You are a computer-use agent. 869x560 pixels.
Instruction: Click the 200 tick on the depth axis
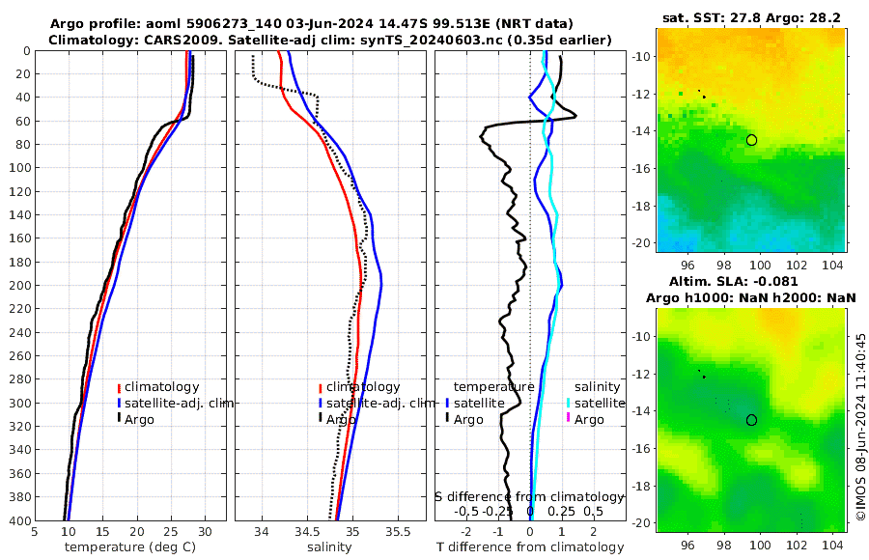click(x=19, y=285)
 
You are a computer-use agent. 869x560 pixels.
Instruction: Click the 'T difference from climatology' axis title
click(x=529, y=547)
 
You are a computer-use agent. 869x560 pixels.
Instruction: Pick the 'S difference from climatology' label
click(x=529, y=495)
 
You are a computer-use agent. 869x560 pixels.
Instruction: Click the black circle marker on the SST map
click(x=751, y=140)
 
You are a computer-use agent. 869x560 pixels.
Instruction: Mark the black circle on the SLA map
click(x=751, y=420)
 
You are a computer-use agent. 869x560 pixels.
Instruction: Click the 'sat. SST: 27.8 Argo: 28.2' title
click(x=752, y=18)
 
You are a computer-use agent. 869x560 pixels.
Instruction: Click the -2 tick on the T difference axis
click(x=467, y=530)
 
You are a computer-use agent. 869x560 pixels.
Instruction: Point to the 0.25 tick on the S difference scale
click(x=561, y=511)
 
